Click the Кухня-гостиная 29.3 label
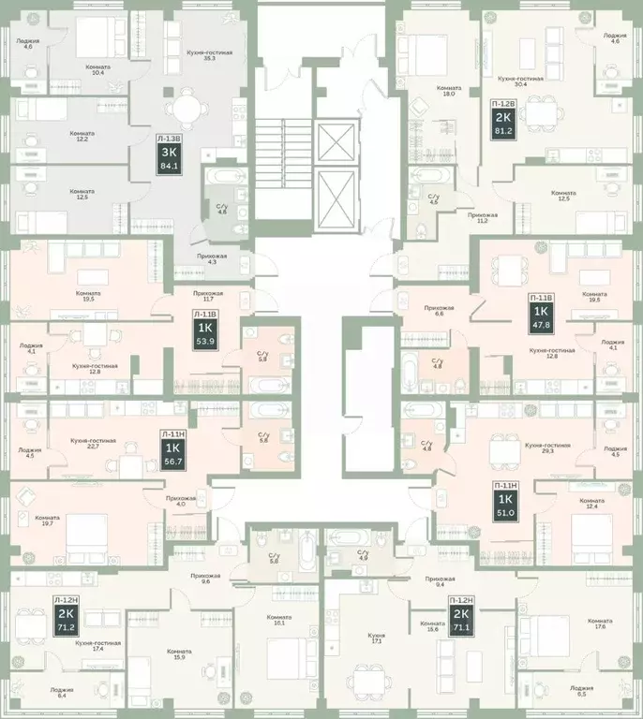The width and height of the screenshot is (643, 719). click(x=546, y=448)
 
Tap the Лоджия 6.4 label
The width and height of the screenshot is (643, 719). click(x=65, y=693)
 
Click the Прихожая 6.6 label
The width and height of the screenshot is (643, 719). click(x=439, y=311)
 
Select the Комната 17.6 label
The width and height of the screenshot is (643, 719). click(x=600, y=624)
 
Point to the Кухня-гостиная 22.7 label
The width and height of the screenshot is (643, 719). click(x=93, y=443)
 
